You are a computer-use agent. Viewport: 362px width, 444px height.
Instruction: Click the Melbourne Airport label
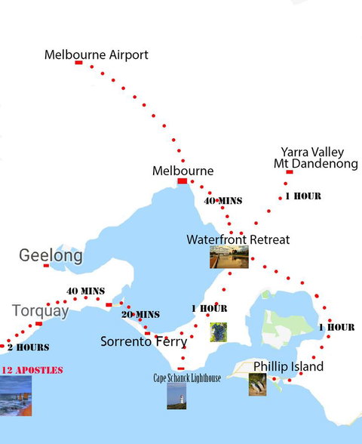97,55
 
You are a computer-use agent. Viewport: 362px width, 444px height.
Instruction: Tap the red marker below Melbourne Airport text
78,63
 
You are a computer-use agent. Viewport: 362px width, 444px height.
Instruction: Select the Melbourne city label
183,171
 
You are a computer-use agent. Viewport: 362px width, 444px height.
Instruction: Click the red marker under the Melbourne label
182,181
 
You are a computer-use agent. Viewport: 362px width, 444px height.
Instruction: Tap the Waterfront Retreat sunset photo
229,257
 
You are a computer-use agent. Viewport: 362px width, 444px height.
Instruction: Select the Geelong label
51,255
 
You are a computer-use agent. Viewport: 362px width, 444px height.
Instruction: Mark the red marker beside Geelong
46,265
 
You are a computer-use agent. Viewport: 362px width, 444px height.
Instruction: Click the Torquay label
40,310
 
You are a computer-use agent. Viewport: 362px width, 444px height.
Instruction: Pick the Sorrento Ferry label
143,341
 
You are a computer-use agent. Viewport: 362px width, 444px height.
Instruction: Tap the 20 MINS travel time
141,314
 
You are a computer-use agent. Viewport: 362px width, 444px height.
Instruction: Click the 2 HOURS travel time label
28,347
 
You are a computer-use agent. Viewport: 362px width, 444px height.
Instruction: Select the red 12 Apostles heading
32,370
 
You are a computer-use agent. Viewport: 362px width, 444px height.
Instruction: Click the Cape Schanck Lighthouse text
187,378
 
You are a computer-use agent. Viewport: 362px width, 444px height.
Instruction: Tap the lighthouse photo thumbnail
176,396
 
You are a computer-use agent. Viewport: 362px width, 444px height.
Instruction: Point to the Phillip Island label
288,367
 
